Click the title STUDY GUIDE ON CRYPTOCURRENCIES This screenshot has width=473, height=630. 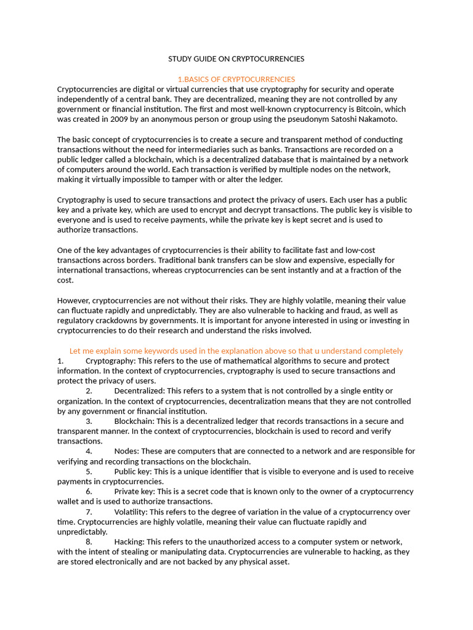(236, 59)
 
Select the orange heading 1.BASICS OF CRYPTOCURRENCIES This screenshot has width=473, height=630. (236, 79)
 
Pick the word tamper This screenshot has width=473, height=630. (177, 179)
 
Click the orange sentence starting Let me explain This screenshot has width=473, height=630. (236, 351)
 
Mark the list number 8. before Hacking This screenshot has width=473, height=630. (89, 542)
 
